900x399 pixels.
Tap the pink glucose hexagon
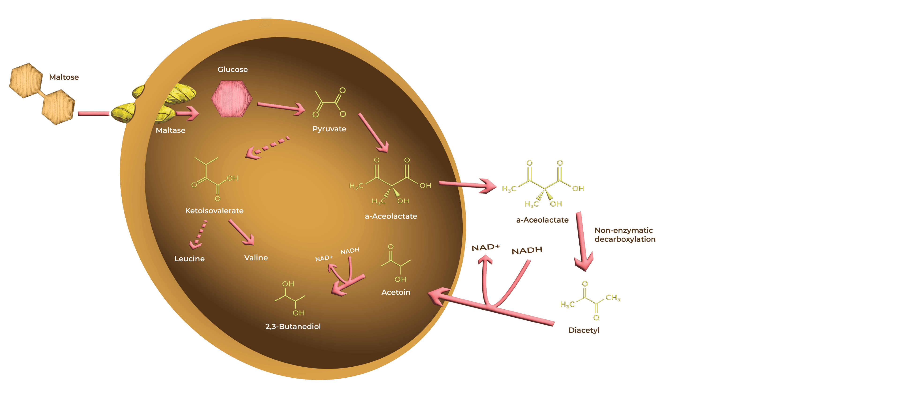[x=232, y=99]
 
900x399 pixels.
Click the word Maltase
[x=170, y=130]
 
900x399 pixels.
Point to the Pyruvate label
[x=329, y=129]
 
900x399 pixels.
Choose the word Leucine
[x=189, y=258]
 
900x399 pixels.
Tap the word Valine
[x=256, y=258]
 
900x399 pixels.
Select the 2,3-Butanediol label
[x=293, y=326]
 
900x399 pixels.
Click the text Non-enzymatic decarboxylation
[x=625, y=235]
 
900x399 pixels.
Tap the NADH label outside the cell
[x=526, y=250]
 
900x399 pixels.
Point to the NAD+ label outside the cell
[x=486, y=247]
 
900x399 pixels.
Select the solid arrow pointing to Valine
[x=241, y=232]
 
